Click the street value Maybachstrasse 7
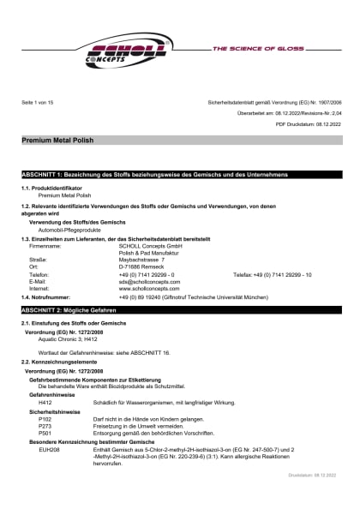141,260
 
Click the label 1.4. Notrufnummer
51,296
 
